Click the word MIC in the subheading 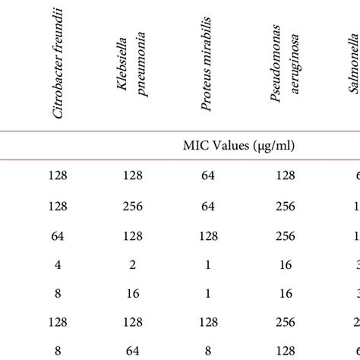point(194,145)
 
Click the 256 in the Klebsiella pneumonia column point(132,206)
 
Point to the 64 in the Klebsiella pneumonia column point(132,350)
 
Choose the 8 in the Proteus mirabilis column point(207,350)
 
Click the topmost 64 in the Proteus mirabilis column point(207,175)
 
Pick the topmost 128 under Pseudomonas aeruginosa point(286,175)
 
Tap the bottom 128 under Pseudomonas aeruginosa point(286,350)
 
